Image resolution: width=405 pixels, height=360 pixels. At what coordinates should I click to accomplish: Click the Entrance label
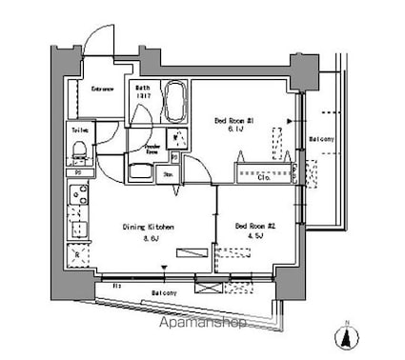coord(103,90)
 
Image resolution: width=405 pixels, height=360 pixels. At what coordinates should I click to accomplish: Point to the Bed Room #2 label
coord(255,226)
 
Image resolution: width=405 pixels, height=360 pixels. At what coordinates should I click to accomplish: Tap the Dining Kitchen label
coord(149,227)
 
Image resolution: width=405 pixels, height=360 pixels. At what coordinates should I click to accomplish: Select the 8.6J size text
coord(149,238)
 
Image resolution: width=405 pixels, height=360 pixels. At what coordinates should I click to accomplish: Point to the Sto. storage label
coord(166,175)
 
